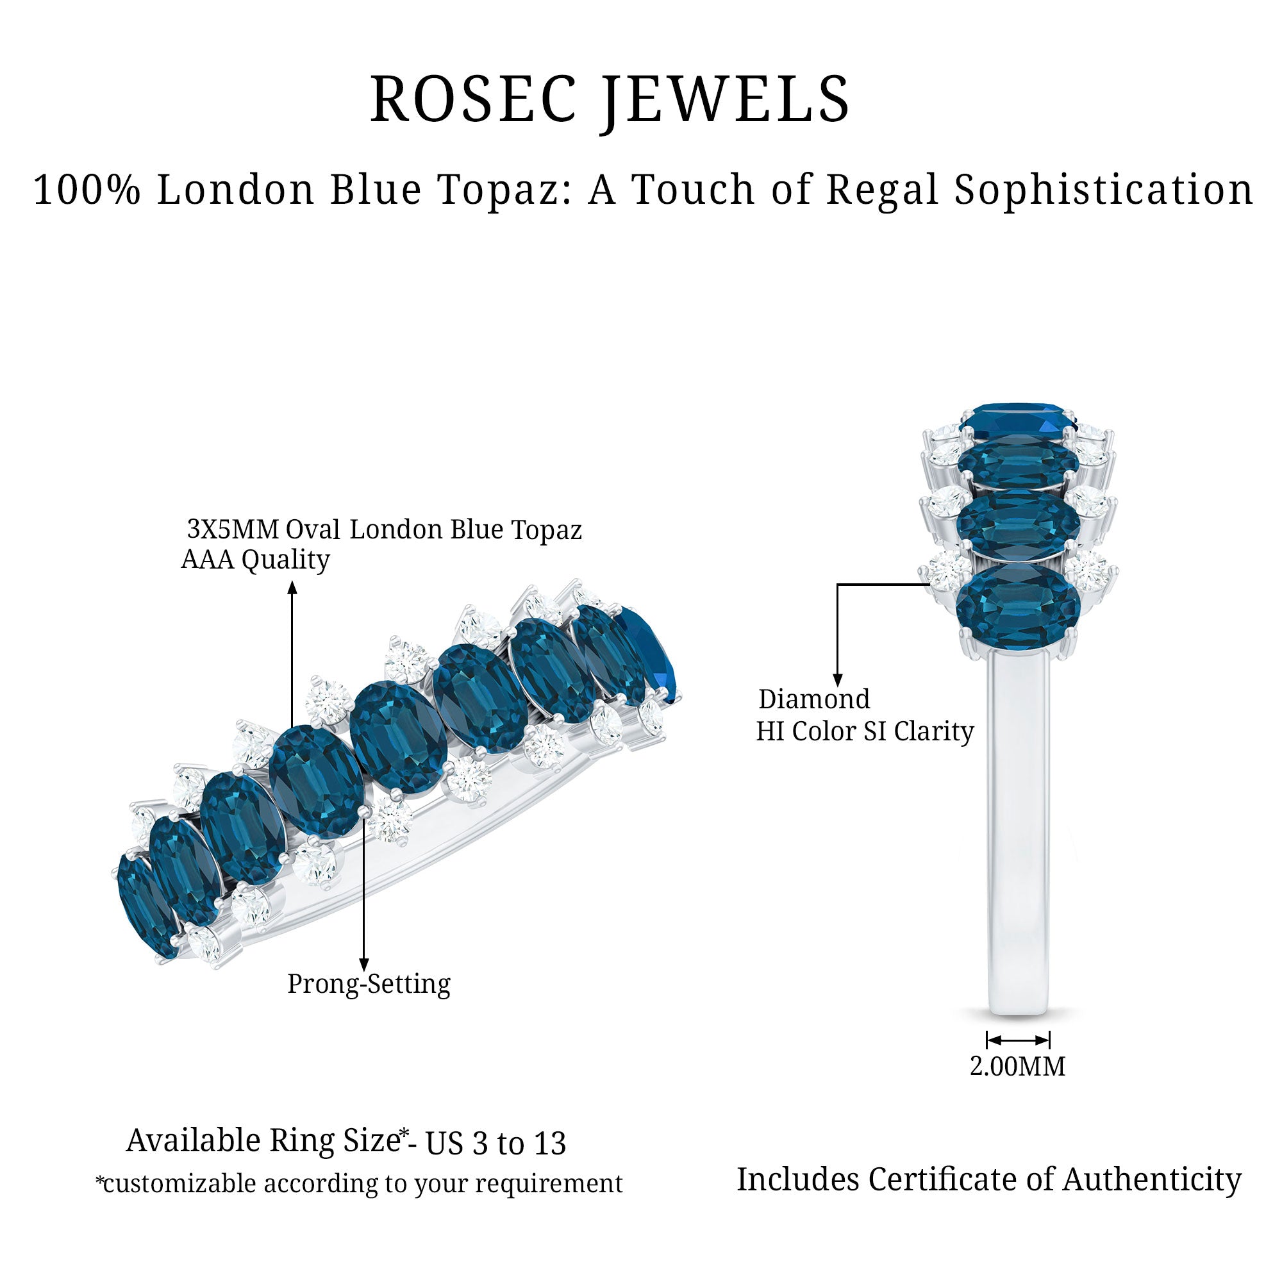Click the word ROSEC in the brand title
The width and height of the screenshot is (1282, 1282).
point(472,99)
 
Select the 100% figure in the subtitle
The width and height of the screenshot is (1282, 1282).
point(87,190)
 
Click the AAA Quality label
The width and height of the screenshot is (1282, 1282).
point(256,560)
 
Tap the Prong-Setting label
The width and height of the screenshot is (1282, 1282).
point(369,983)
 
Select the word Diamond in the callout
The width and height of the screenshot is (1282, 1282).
point(814,699)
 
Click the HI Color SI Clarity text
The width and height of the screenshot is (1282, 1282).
point(865,731)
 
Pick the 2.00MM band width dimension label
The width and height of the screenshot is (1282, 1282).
point(1017,1067)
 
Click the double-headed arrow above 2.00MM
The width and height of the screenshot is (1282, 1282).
point(1018,1039)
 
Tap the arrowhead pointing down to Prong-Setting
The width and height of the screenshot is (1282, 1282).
point(363,965)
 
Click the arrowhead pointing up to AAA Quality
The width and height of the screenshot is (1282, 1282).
point(292,587)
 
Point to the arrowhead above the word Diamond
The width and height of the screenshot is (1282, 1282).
point(837,680)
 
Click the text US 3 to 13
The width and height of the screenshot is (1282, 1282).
point(495,1144)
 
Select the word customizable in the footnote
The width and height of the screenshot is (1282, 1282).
point(179,1184)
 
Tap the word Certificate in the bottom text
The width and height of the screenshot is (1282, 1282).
point(942,1180)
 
